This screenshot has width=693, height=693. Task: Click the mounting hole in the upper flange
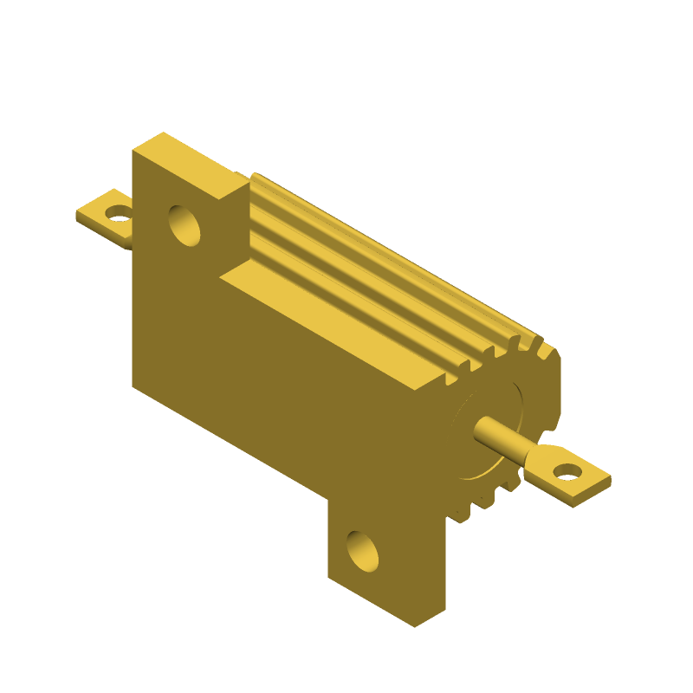(184, 225)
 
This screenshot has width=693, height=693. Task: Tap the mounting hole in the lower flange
(362, 550)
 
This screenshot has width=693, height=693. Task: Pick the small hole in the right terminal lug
(567, 471)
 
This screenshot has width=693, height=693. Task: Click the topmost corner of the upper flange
(163, 133)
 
